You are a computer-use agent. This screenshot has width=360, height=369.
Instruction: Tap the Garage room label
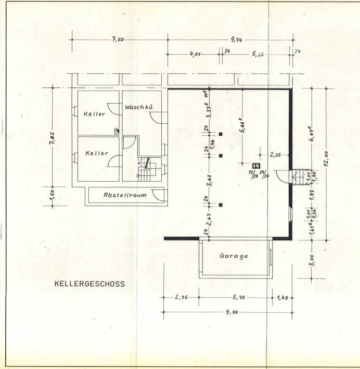tap(234, 256)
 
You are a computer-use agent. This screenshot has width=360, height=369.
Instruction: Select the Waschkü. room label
tap(140, 107)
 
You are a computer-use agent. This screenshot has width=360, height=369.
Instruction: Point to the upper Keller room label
tap(94, 114)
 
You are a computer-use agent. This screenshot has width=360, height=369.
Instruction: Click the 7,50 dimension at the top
tap(117, 40)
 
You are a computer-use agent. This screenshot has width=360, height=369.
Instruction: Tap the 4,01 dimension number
tap(195, 54)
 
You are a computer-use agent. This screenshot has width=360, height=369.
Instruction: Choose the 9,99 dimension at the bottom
tap(226, 312)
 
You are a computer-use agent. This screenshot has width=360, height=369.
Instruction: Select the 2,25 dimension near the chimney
tap(276, 155)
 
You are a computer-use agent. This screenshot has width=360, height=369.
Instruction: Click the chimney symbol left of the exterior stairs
tap(255, 166)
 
